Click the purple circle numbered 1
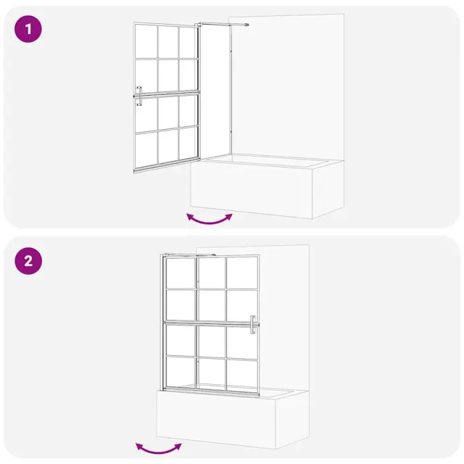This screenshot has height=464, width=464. [x=28, y=29]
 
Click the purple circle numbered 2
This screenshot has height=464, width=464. [x=28, y=261]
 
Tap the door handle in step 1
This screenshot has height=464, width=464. [x=138, y=96]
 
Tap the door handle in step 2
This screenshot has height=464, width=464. [x=253, y=325]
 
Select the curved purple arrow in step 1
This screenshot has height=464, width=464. [x=210, y=220]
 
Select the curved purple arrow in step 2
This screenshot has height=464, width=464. [x=159, y=450]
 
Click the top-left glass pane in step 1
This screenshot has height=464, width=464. [x=146, y=42]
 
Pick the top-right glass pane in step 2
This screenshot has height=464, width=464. [x=242, y=273]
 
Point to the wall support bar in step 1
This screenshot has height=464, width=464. [x=224, y=24]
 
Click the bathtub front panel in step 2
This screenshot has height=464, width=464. [x=216, y=420]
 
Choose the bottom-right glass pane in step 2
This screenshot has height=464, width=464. [x=242, y=375]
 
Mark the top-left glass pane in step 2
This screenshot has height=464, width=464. [x=181, y=273]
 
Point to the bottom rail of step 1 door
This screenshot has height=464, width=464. [x=167, y=165]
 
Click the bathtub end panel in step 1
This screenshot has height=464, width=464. [x=328, y=189]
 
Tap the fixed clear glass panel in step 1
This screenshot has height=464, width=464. [x=215, y=92]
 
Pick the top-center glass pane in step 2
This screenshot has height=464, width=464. [x=212, y=273]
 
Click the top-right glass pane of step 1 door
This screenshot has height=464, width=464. [x=188, y=42]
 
